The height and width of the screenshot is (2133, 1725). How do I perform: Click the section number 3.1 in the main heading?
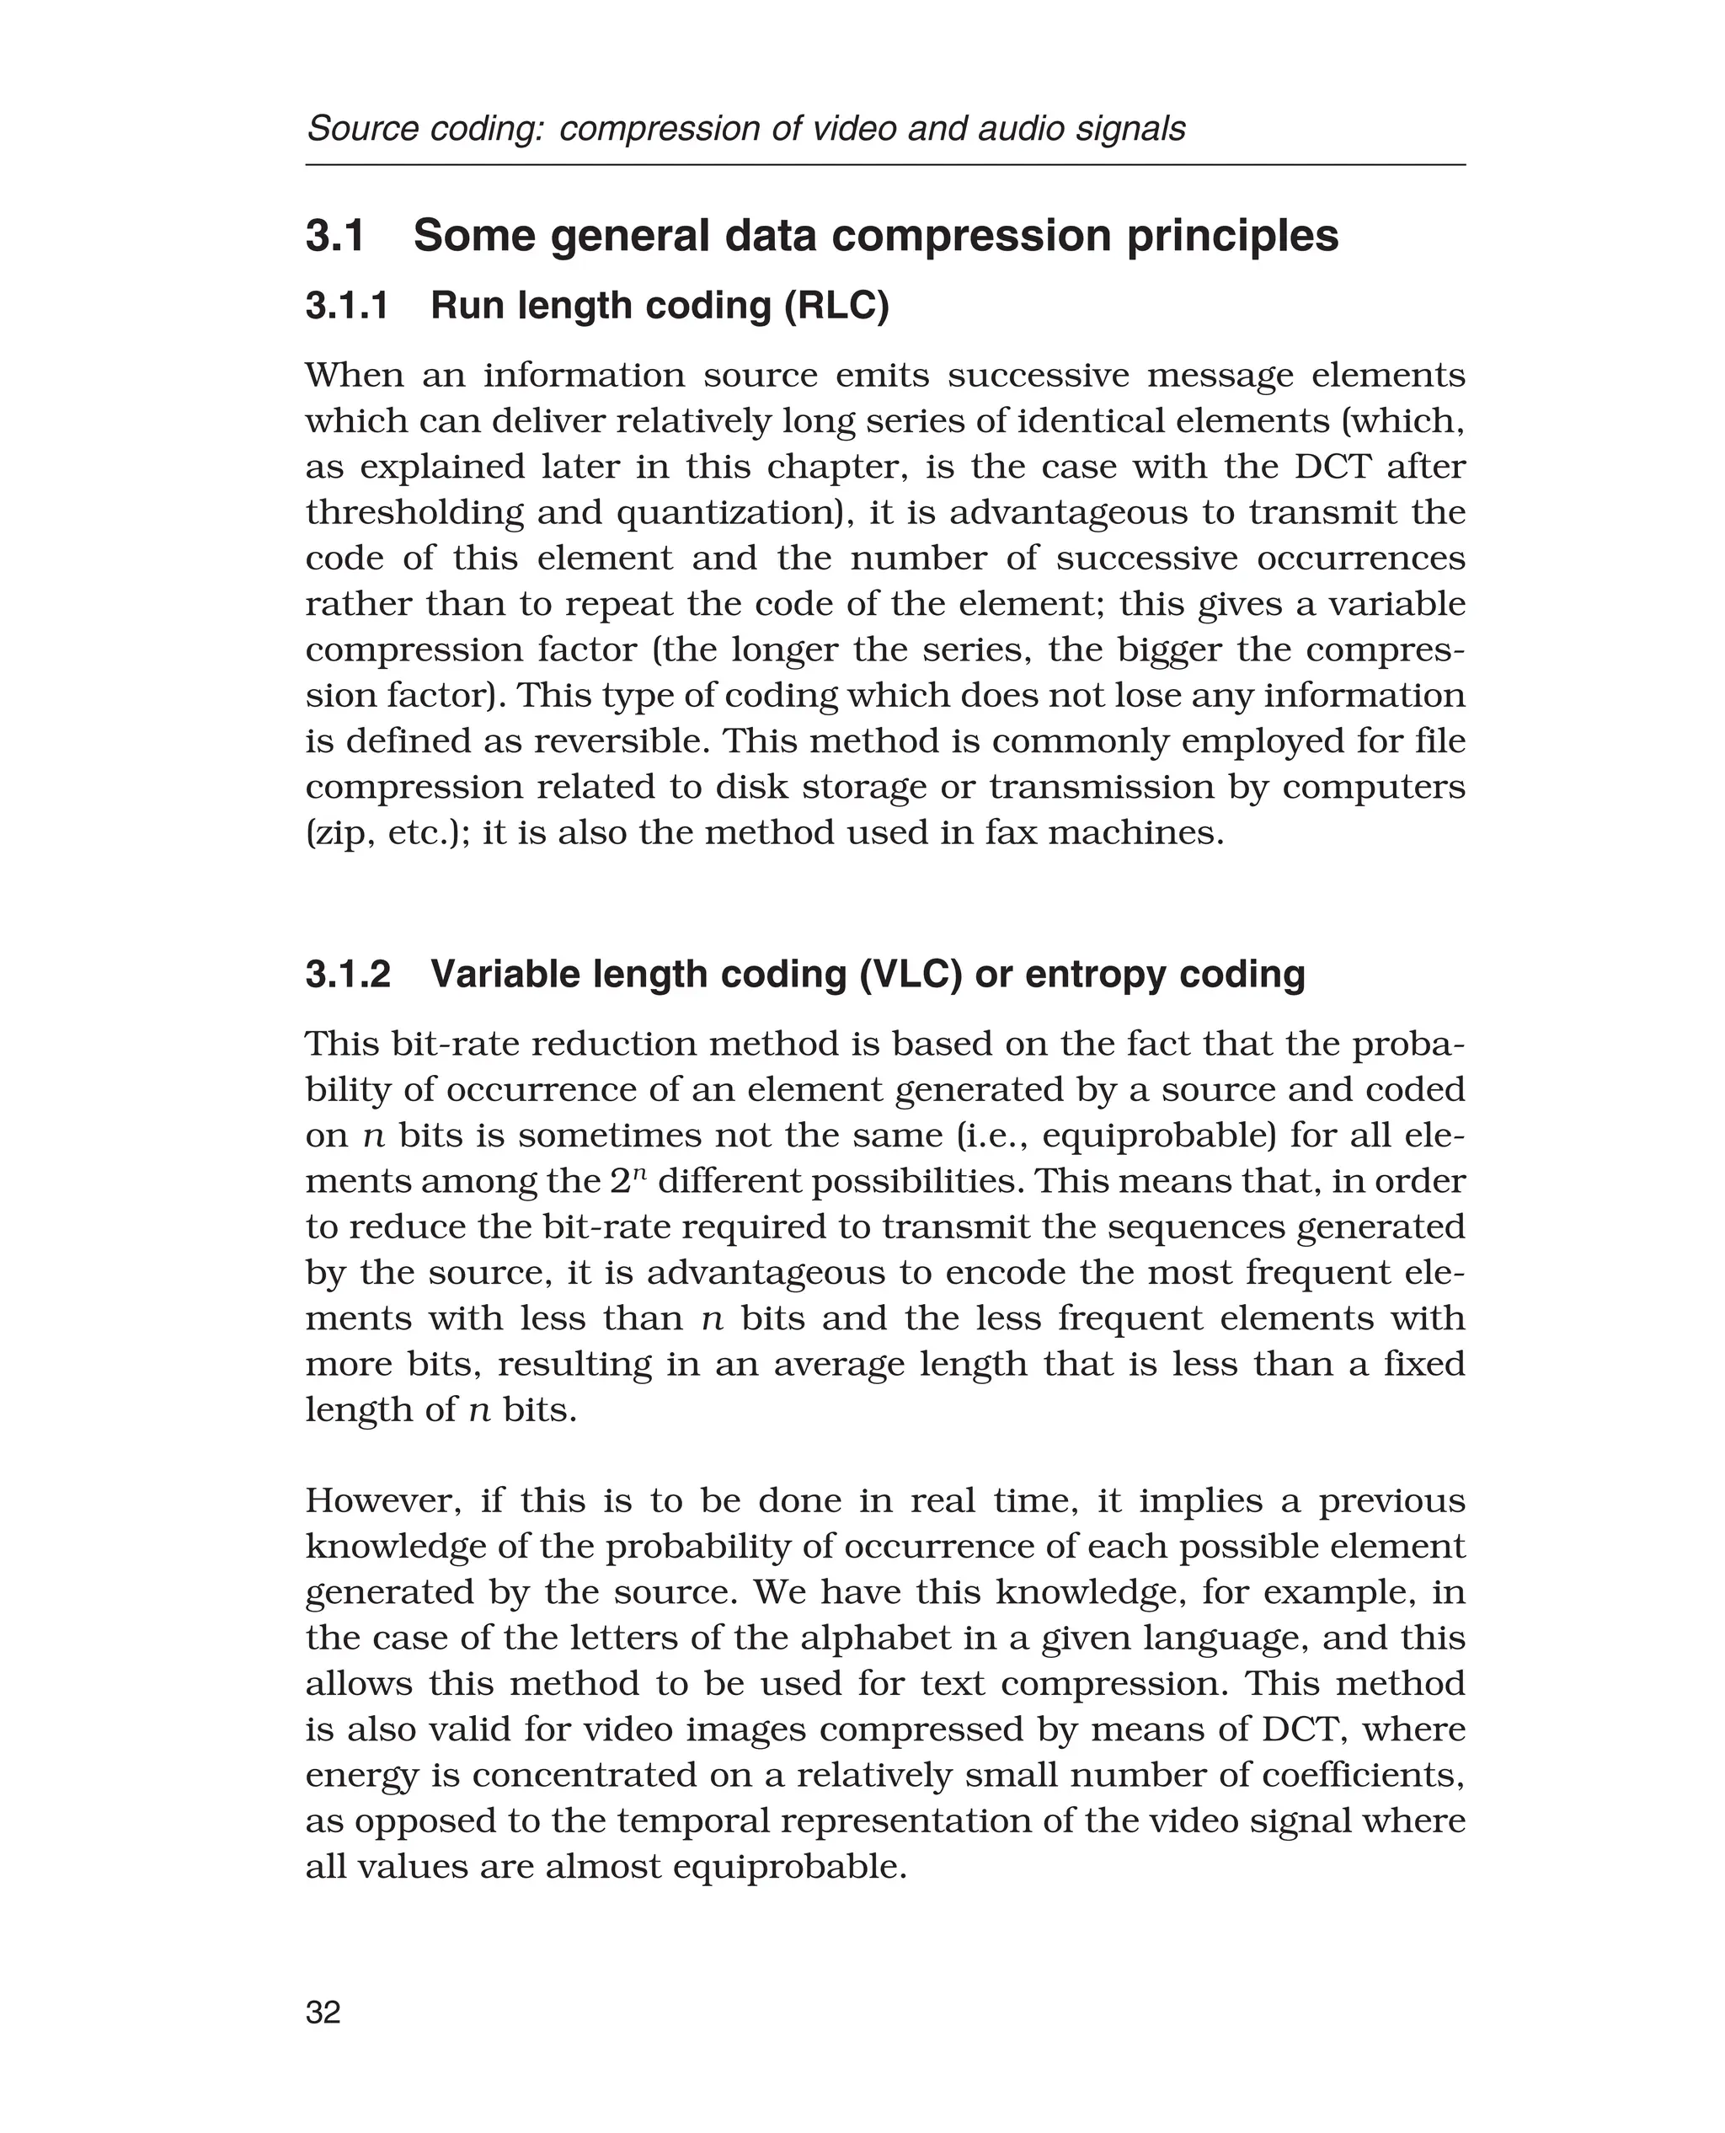[335, 237]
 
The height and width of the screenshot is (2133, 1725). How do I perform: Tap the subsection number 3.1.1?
[347, 306]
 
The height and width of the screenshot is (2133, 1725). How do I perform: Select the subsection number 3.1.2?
[348, 974]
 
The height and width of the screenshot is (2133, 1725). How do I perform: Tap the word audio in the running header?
[1023, 129]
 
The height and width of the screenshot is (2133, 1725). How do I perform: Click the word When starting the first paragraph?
[354, 376]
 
